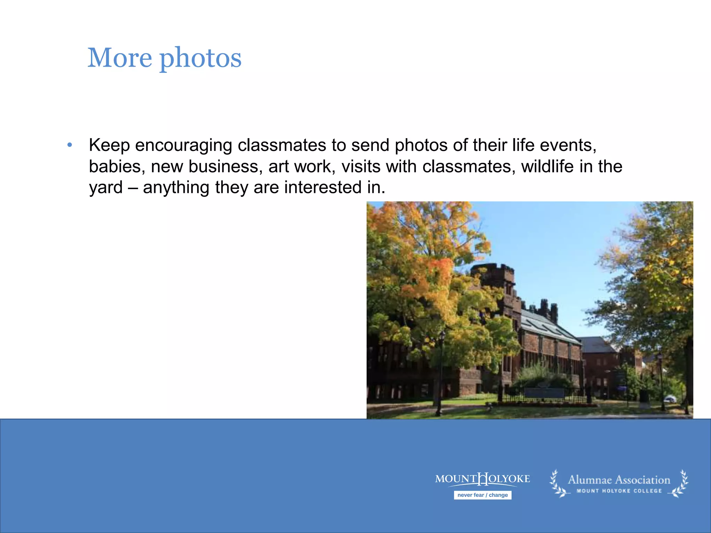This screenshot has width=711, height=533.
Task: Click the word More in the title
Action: [x=120, y=58]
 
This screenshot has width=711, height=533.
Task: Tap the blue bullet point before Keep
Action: [x=70, y=145]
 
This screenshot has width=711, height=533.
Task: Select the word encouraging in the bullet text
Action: [x=183, y=146]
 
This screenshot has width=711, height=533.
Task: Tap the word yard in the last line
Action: [x=106, y=188]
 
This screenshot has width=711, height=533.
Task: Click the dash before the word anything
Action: [x=133, y=188]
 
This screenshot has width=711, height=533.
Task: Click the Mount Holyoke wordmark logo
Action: [x=483, y=479]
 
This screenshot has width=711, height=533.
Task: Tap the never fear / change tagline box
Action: [x=483, y=495]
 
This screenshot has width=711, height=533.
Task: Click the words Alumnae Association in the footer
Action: [x=619, y=480]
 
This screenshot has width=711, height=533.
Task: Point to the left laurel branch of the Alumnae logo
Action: [x=558, y=484]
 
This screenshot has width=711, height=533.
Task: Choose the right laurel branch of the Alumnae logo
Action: [x=681, y=484]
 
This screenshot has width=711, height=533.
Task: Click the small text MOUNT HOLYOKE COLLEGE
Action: [x=619, y=491]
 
